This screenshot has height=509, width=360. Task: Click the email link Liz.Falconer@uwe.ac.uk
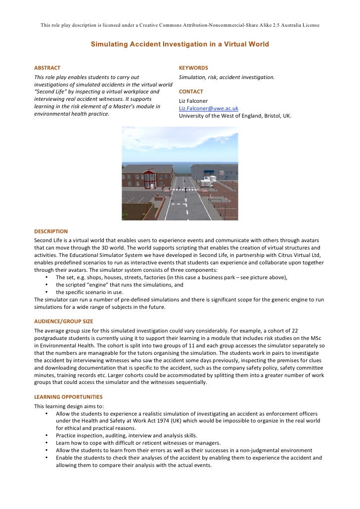click(x=208, y=108)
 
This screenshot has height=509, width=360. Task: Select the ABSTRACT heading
click(x=47, y=68)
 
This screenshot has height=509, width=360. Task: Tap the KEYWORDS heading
click(x=193, y=68)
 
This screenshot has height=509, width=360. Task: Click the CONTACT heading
click(x=191, y=92)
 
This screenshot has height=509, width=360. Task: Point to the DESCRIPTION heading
click(x=50, y=231)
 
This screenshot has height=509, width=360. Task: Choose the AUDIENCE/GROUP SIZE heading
click(x=63, y=321)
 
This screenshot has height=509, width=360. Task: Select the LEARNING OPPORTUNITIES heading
click(x=68, y=397)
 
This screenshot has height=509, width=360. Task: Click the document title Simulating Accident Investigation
click(x=180, y=44)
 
